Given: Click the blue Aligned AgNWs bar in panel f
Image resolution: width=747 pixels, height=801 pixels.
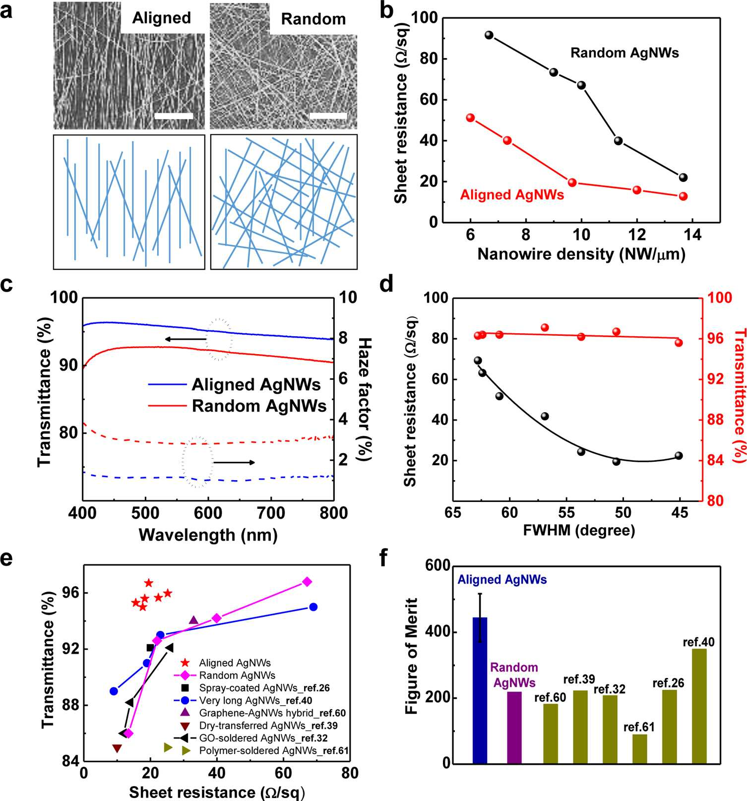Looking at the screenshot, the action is [x=480, y=690].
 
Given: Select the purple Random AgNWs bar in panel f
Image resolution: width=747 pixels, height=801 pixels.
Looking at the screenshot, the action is [x=514, y=727].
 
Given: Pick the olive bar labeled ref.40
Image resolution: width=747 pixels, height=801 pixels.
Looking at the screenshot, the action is [x=699, y=706].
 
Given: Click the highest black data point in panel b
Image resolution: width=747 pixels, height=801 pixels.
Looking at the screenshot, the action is [x=489, y=35].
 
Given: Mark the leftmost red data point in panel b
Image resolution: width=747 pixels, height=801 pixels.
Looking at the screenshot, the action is [x=471, y=118].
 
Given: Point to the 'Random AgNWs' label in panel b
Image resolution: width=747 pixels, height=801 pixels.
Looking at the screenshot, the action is [x=624, y=53].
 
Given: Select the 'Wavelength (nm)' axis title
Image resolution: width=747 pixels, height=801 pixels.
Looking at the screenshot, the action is [x=208, y=535].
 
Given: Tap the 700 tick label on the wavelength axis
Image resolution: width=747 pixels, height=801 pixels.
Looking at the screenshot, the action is [x=271, y=512].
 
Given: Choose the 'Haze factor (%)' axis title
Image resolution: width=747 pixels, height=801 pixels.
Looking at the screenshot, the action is [x=365, y=399].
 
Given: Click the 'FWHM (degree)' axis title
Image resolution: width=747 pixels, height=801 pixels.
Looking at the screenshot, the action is [x=579, y=530].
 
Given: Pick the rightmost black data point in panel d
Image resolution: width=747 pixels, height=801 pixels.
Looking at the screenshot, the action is [x=679, y=456].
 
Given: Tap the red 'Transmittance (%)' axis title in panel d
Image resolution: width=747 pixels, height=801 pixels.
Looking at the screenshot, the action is [x=739, y=395].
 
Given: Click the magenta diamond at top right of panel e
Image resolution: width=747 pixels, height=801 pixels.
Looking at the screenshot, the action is [x=307, y=581].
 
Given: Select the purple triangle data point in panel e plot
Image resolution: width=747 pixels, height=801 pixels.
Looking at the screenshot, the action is [x=193, y=620].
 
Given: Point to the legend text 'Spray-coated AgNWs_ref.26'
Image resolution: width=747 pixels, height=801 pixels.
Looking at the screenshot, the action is [x=264, y=688].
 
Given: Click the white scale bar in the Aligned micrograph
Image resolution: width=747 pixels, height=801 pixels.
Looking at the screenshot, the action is [x=174, y=116].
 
